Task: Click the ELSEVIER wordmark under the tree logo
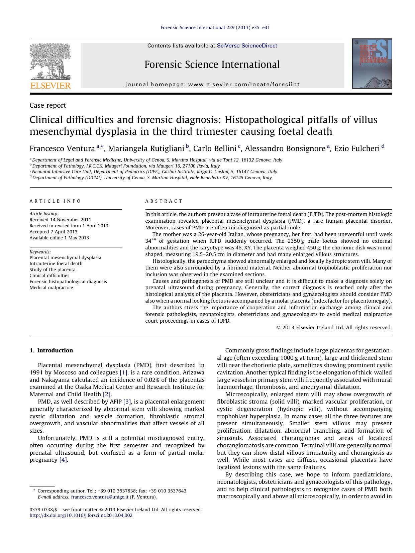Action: pyautogui.click(x=50, y=86)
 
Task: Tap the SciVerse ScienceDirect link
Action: pyautogui.click(x=247, y=46)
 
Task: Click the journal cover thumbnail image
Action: pyautogui.click(x=372, y=64)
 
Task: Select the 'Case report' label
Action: pyautogui.click(x=48, y=105)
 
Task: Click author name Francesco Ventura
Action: pyautogui.click(x=62, y=148)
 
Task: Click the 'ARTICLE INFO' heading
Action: pyautogui.click(x=55, y=201)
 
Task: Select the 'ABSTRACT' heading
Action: pyautogui.click(x=164, y=201)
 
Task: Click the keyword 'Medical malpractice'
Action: pyautogui.click(x=51, y=288)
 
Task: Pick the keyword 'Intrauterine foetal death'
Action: pyautogui.click(x=56, y=263)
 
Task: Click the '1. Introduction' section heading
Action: pyautogui.click(x=51, y=350)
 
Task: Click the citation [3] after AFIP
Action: pyautogui.click(x=127, y=402)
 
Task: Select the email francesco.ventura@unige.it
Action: pyautogui.click(x=100, y=497)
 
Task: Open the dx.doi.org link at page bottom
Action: pyautogui.click(x=81, y=515)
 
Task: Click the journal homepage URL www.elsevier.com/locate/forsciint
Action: pyautogui.click(x=244, y=85)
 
